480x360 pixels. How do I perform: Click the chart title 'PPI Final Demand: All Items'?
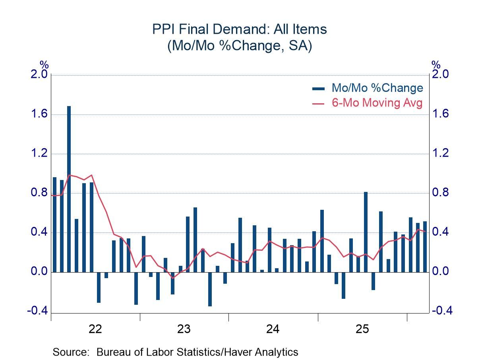pyautogui.click(x=240, y=29)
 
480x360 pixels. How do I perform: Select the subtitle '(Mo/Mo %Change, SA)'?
pyautogui.click(x=240, y=45)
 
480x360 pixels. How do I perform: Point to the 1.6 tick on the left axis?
pyautogui.click(x=39, y=114)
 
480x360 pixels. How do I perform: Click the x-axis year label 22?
pyautogui.click(x=95, y=329)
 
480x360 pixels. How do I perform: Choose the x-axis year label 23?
pyautogui.click(x=184, y=329)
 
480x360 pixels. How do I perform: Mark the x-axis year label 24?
pyautogui.click(x=273, y=329)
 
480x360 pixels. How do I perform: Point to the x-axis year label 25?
pyautogui.click(x=362, y=329)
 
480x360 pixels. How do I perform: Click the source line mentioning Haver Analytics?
pyautogui.click(x=175, y=352)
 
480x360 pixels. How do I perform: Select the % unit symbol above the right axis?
pyautogui.click(x=436, y=65)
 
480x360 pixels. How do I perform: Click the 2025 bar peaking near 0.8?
pyautogui.click(x=366, y=232)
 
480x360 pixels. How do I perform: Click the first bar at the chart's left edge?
pyautogui.click(x=54, y=225)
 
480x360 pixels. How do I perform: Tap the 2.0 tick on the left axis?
pyautogui.click(x=39, y=75)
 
